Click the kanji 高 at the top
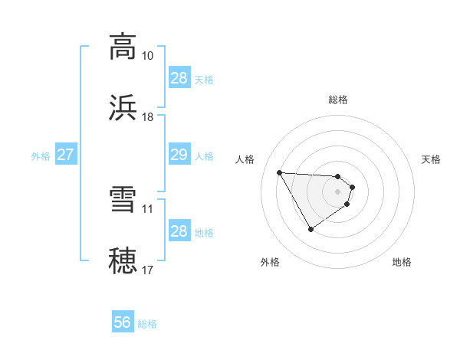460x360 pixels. [123, 47]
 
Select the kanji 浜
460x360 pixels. [123, 108]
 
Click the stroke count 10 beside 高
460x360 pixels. [147, 57]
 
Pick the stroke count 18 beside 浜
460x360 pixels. [147, 117]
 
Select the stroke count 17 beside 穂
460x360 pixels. [147, 270]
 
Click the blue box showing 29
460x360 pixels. [179, 155]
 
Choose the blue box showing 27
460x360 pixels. [65, 155]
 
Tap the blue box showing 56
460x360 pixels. [123, 322]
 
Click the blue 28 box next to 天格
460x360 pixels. [179, 78]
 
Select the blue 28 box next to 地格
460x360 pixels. [179, 231]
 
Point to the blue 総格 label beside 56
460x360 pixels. [147, 324]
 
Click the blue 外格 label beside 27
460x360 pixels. [41, 156]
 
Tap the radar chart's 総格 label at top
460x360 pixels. [338, 100]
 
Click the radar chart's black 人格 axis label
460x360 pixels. [245, 160]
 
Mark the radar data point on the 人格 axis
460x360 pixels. [280, 172]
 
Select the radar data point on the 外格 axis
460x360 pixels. [310, 229]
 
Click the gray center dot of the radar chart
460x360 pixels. [338, 191]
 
